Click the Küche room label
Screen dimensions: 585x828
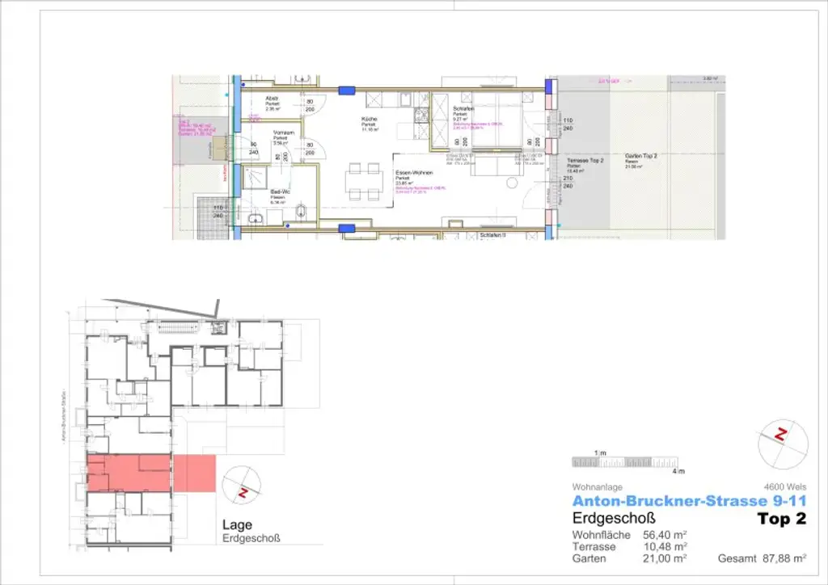tap(369, 119)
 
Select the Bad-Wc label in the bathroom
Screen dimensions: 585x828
tap(280, 191)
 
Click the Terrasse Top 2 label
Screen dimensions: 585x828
tap(585, 161)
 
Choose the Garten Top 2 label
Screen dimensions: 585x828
tap(641, 155)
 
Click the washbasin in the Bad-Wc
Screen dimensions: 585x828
tap(256, 218)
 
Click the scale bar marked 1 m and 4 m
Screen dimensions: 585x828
tap(627, 462)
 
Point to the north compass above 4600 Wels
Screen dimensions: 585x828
tap(782, 436)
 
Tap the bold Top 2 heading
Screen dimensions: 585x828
tap(781, 519)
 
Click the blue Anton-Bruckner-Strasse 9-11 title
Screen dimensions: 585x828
tap(688, 502)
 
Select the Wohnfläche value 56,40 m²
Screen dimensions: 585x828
tap(665, 535)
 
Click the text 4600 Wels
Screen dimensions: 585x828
tap(789, 488)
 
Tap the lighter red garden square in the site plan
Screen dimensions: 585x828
tap(194, 473)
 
